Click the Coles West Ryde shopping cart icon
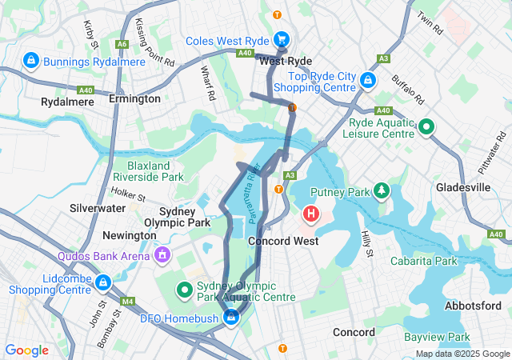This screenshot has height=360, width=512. click(282, 39)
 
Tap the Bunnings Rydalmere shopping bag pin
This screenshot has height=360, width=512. click(31, 61)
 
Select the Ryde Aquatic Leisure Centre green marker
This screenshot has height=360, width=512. click(426, 126)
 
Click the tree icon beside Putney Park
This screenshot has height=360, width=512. click(382, 191)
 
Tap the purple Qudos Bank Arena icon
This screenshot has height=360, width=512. click(163, 256)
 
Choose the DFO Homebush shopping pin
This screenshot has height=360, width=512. click(231, 318)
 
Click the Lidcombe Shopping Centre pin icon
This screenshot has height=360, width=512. click(102, 282)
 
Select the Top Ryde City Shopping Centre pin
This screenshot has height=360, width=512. click(367, 81)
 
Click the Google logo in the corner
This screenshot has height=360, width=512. click(27, 350)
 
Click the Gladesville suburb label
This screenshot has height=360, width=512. click(463, 187)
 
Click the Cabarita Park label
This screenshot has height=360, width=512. click(423, 261)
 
